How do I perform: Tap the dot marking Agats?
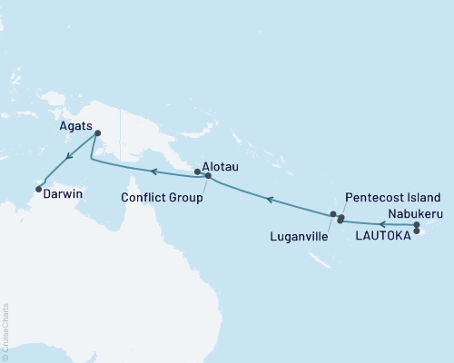pos(97,135)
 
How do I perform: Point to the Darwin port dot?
pos(38,189)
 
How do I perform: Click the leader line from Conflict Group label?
pos(205,185)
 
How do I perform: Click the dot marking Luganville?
pos(333,214)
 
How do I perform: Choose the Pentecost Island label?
pos(393,198)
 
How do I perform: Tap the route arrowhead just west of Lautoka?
pos(382,223)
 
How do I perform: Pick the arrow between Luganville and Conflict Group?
pos(270,197)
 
